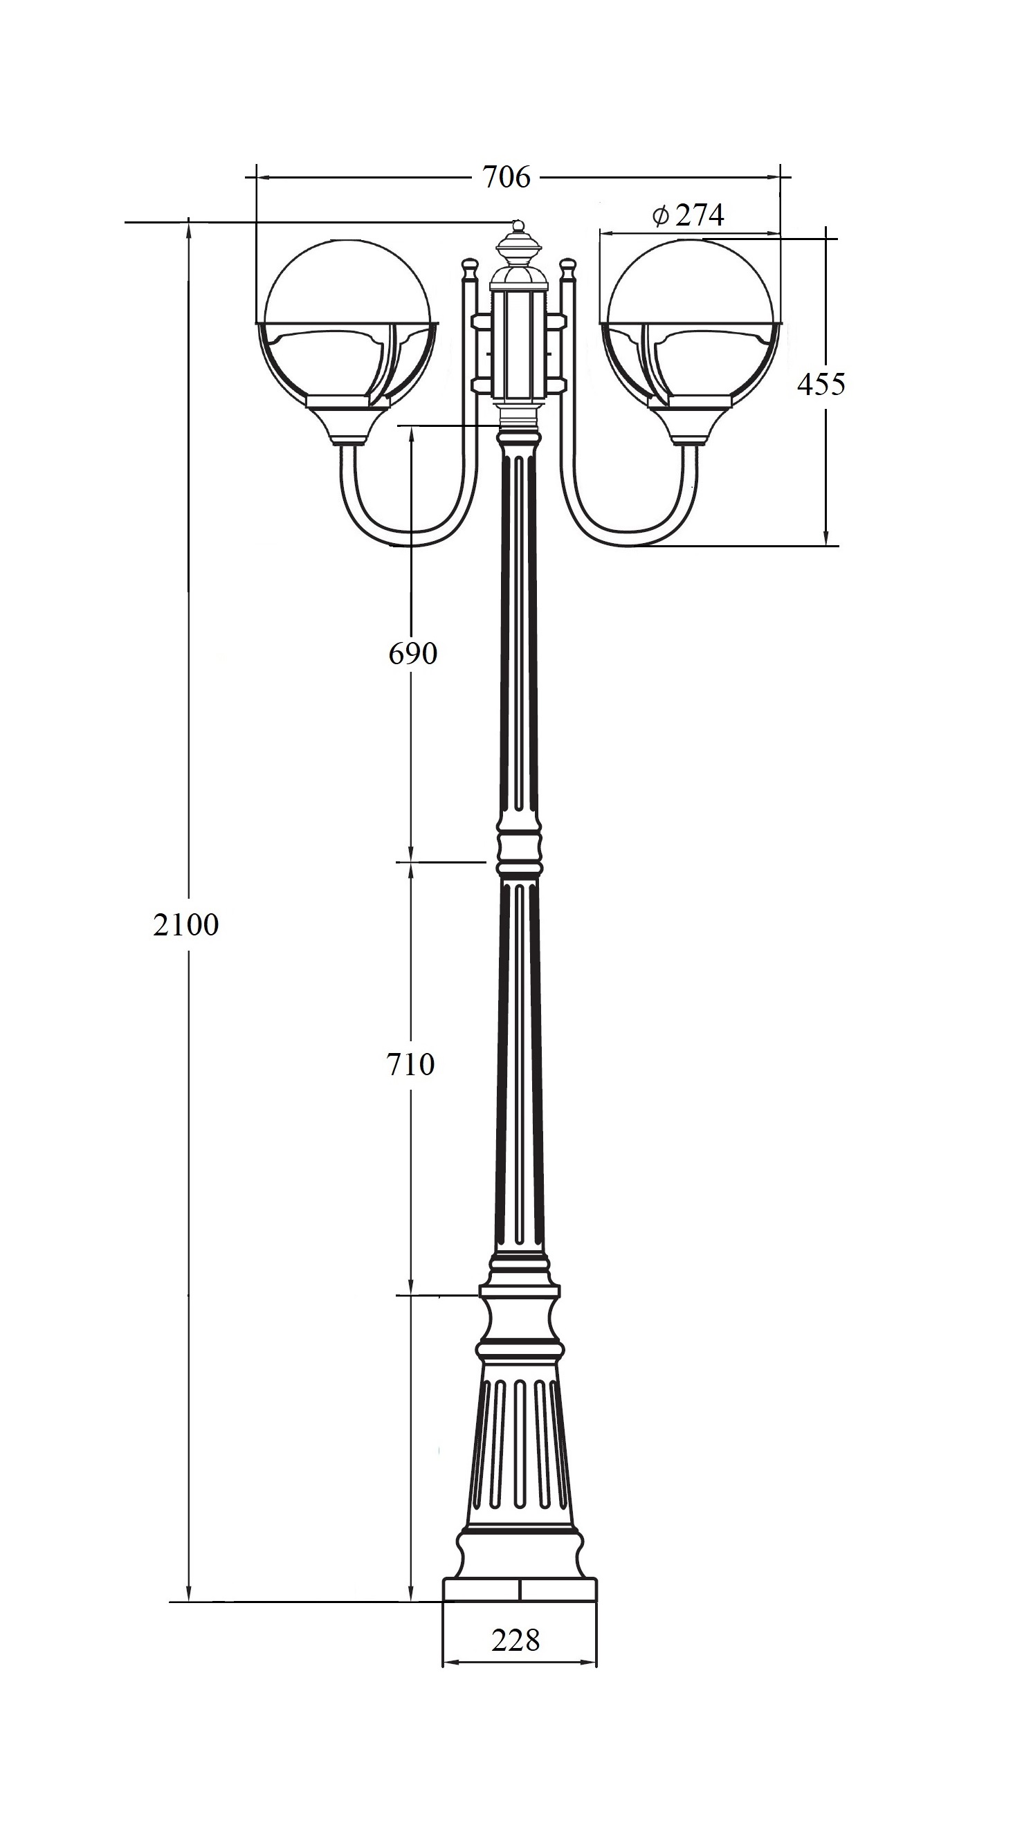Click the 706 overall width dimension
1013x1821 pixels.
pos(505,176)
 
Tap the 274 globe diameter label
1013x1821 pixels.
pos(699,215)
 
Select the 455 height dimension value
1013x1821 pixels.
pos(821,384)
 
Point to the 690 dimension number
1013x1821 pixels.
pos(413,653)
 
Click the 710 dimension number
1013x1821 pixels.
pos(411,1064)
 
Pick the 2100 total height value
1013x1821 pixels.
pos(186,924)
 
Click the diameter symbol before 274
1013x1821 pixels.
pos(660,215)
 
